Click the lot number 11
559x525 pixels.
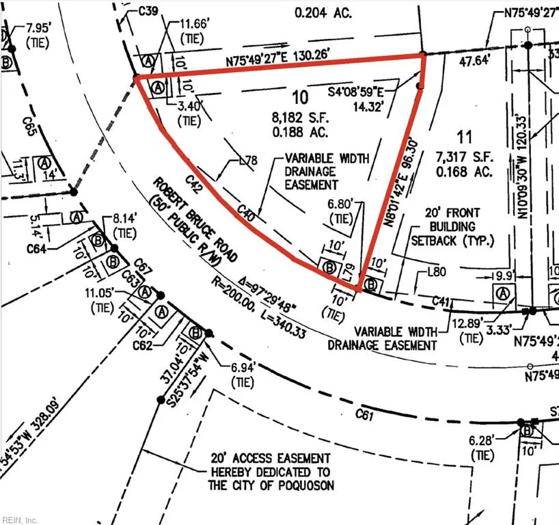[467, 135]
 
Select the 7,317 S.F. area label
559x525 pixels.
[465, 157]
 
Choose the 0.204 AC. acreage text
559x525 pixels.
[321, 12]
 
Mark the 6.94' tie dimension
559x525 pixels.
[243, 368]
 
